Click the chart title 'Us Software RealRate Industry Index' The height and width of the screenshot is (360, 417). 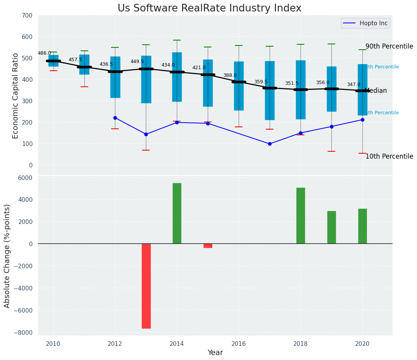click(x=209, y=8)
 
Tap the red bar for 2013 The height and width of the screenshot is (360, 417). click(x=146, y=286)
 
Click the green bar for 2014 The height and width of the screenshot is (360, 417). click(x=177, y=213)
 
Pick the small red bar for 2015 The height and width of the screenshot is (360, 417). click(x=208, y=246)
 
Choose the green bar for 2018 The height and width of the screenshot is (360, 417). click(x=301, y=216)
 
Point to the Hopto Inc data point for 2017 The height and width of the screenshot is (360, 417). click(x=270, y=144)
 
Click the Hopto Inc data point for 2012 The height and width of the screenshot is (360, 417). click(x=115, y=118)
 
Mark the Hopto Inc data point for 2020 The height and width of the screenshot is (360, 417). click(x=362, y=120)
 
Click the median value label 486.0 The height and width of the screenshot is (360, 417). click(x=44, y=53)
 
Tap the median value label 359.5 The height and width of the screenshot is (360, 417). click(x=261, y=82)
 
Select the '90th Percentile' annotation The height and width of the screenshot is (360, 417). click(x=389, y=47)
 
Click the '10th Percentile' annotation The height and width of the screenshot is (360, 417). click(x=389, y=157)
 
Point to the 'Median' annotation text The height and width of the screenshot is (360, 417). click(x=376, y=91)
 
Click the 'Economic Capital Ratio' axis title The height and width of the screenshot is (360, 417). click(x=16, y=96)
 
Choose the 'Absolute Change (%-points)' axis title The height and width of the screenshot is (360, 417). click(x=7, y=256)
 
